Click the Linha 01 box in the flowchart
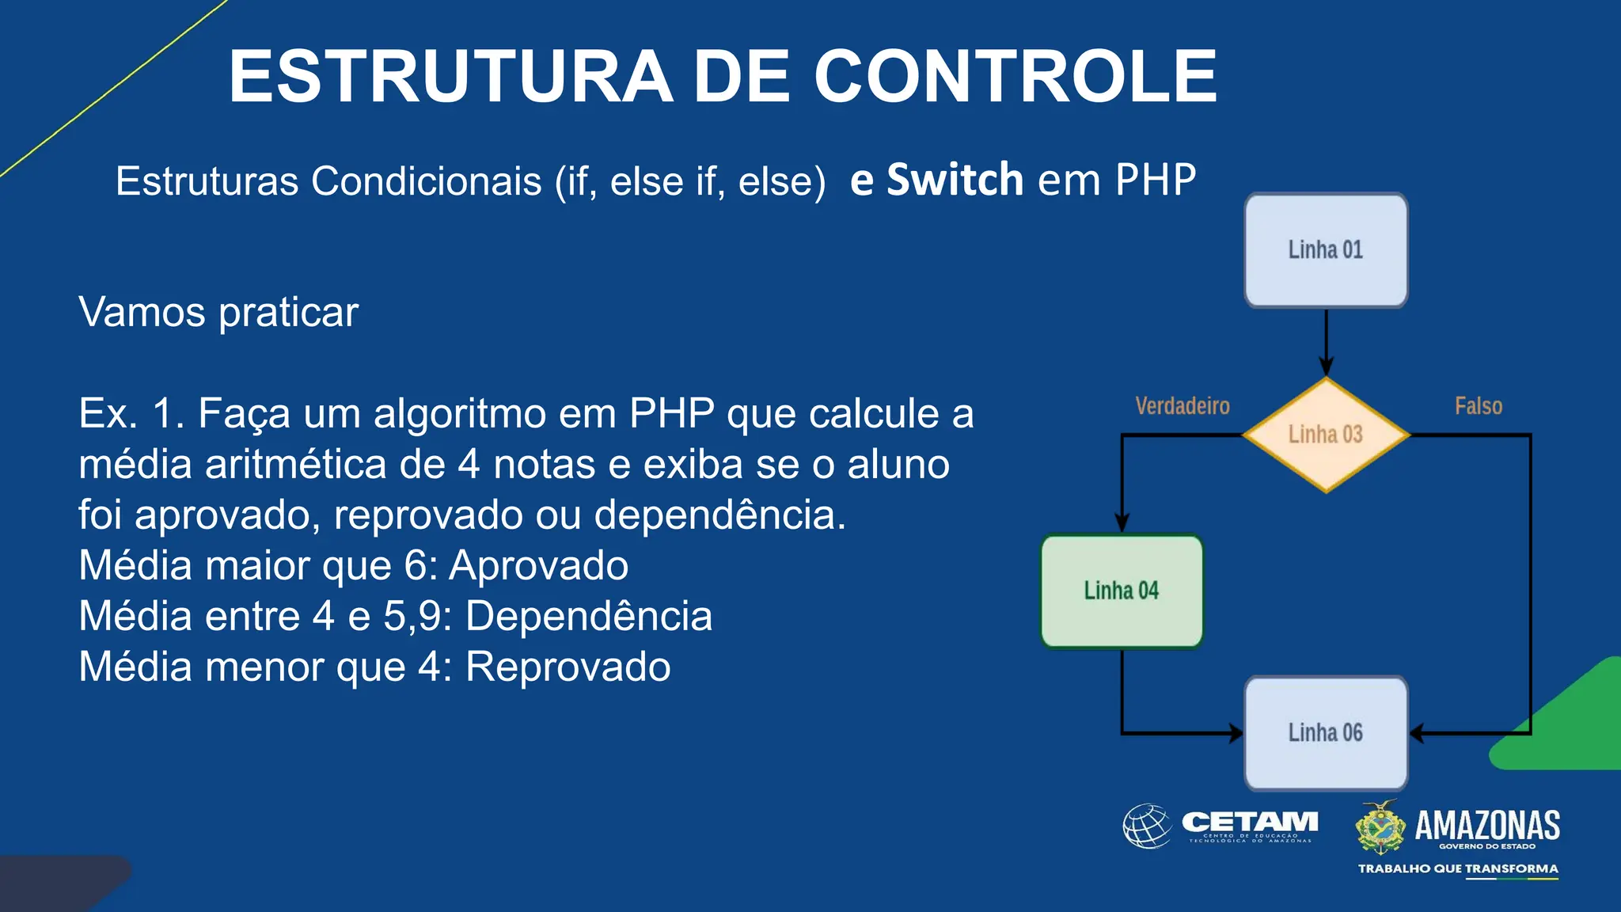(x=1326, y=250)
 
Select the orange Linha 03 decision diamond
(x=1326, y=435)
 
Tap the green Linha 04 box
(x=1122, y=591)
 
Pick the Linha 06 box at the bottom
(x=1326, y=733)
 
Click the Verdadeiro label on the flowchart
(x=1183, y=406)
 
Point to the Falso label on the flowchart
(x=1479, y=406)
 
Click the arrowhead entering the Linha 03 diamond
(x=1326, y=367)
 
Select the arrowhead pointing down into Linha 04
(x=1122, y=522)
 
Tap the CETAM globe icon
(x=1147, y=826)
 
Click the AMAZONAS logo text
(x=1487, y=826)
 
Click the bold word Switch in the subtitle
(x=955, y=180)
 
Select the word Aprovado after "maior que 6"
(x=538, y=565)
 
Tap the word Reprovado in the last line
(x=568, y=667)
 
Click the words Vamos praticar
(x=218, y=312)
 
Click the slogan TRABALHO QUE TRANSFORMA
(x=1458, y=868)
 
